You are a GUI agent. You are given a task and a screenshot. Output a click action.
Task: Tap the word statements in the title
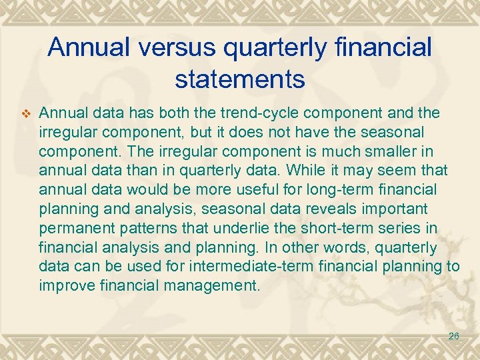tap(240, 79)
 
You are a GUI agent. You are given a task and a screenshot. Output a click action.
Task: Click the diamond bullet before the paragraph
tap(25, 114)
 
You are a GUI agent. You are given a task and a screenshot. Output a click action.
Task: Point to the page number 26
tap(453, 337)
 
